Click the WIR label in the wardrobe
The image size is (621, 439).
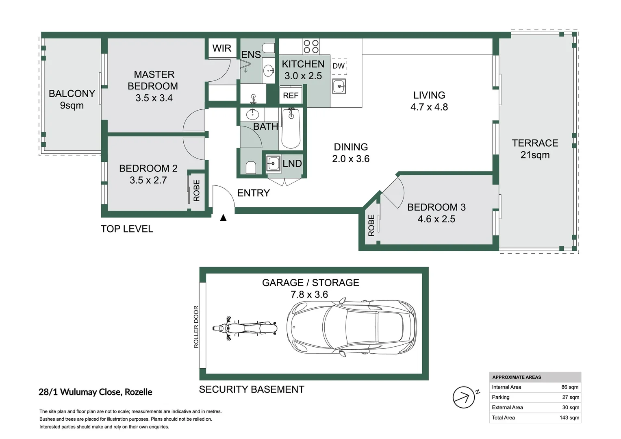[x=222, y=48]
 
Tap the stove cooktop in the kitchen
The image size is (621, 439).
[x=311, y=46]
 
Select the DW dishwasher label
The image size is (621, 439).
[x=338, y=66]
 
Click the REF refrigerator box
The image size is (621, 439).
[x=291, y=95]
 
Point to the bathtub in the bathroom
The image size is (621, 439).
[x=291, y=128]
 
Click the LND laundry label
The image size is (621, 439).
[x=292, y=163]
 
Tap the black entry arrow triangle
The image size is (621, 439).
[x=223, y=218]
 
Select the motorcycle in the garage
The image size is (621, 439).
[x=245, y=328]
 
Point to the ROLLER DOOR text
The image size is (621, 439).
[x=196, y=327]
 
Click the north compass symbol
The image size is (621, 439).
[x=465, y=397]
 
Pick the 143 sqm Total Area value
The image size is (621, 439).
[x=569, y=417]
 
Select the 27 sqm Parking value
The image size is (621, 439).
[x=571, y=397]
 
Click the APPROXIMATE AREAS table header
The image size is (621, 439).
[x=517, y=377]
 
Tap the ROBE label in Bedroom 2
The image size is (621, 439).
[x=197, y=191]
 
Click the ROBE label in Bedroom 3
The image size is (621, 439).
[x=371, y=225]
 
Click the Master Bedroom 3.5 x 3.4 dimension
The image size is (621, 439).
[x=154, y=98]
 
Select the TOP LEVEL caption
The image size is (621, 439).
[x=127, y=229]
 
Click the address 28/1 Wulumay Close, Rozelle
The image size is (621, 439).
[x=96, y=392]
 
